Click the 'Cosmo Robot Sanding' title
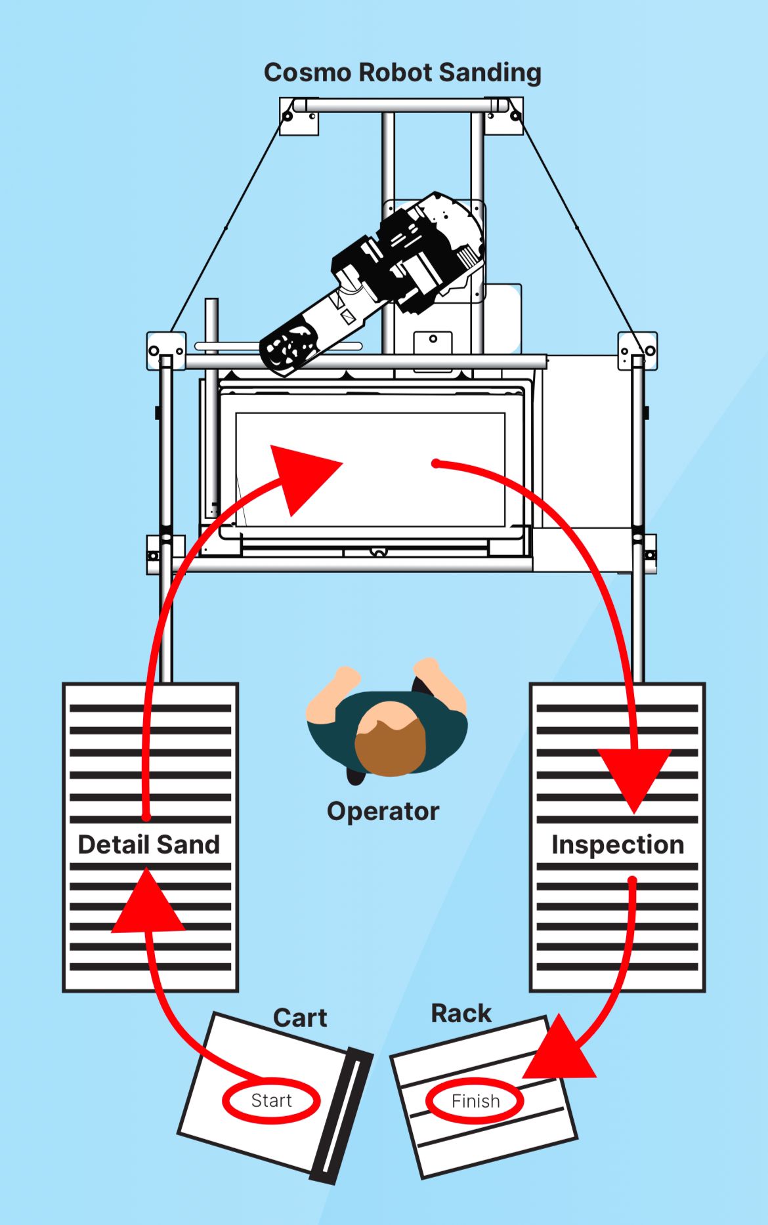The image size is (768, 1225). pos(402,73)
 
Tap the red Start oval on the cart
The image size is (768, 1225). pos(271,1100)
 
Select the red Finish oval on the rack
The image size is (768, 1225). pos(475,1100)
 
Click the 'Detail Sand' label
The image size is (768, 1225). pos(149,844)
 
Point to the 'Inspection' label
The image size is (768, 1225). pos(618,844)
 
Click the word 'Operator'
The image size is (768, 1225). pos(383,812)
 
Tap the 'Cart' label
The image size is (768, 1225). pos(300,1018)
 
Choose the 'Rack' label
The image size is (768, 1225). pos(461,1013)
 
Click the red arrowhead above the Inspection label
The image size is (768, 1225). pos(634,778)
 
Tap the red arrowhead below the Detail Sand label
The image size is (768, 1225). pos(148,904)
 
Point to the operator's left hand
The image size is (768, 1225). pos(344,676)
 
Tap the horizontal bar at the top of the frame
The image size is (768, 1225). pos(401,105)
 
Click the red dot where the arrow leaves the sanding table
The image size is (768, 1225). pos(435,464)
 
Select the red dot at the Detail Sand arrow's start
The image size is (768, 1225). pos(146,817)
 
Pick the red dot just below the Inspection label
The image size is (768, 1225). pos(632,880)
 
